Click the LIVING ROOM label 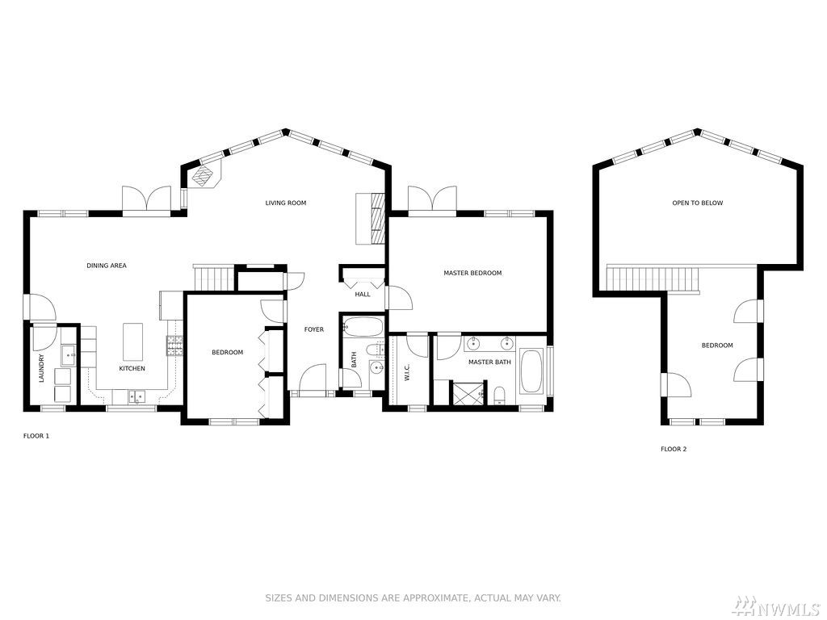click(285, 203)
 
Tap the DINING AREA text click(107, 266)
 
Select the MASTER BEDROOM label click(472, 273)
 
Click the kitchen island click(133, 341)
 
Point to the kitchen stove click(175, 346)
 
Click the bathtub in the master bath click(531, 371)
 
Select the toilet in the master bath click(500, 396)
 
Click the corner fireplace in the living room click(204, 174)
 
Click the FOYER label click(314, 329)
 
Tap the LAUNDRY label click(42, 367)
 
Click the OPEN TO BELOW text click(697, 203)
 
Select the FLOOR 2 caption click(674, 449)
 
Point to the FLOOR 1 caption click(36, 436)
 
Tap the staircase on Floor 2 click(653, 279)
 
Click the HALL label click(363, 294)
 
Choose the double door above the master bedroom click(432, 201)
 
